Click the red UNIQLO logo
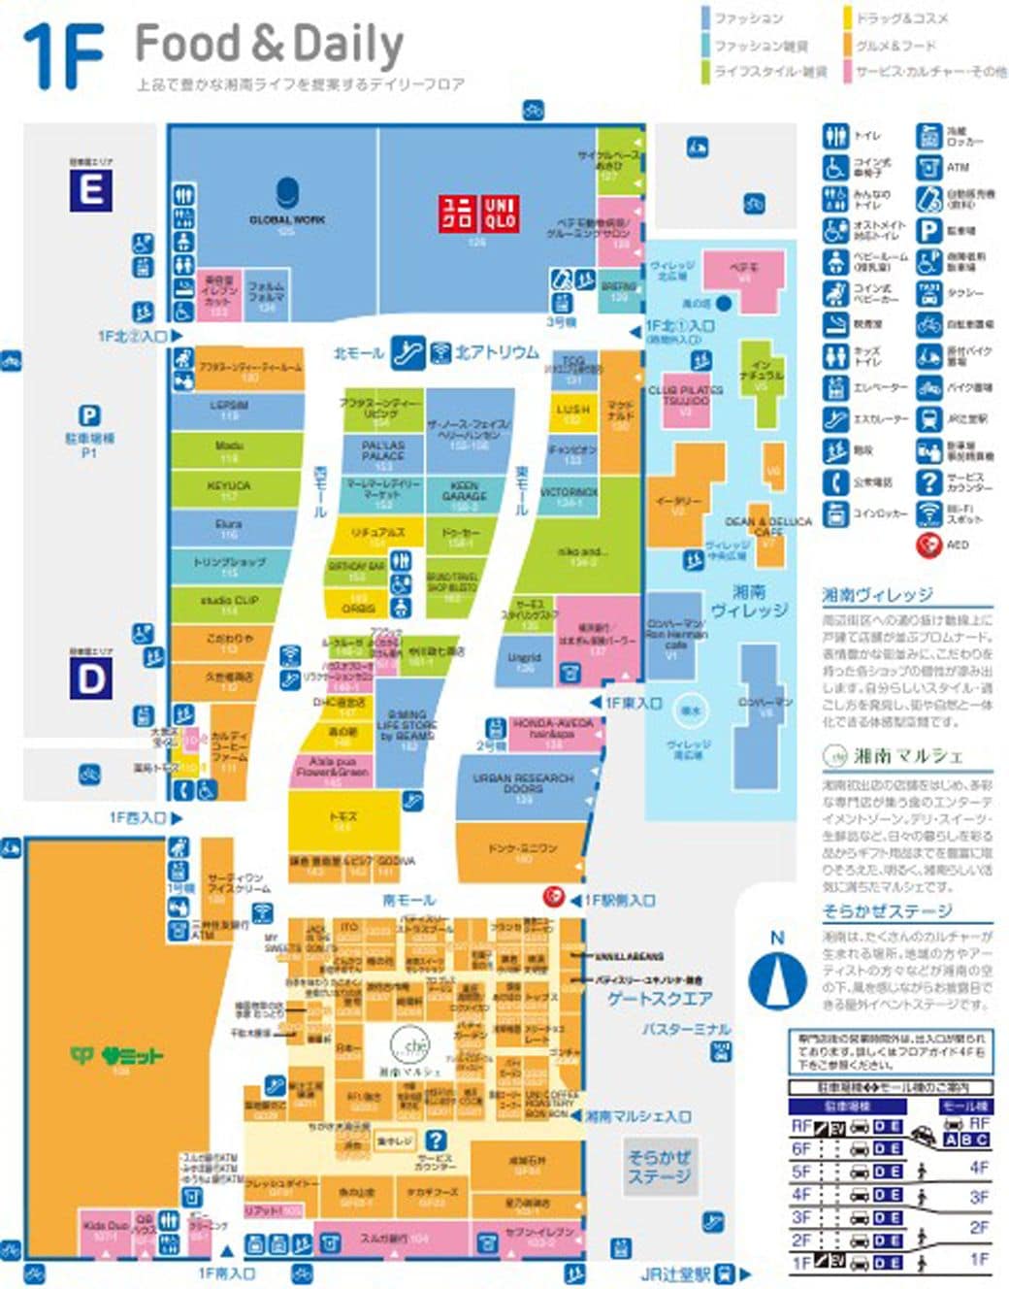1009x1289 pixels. [x=478, y=213]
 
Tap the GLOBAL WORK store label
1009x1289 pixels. [x=287, y=219]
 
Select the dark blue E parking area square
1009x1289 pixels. [x=90, y=189]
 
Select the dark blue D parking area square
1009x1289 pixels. [x=90, y=678]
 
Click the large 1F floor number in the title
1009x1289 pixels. [x=64, y=55]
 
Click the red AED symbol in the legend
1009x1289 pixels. [x=928, y=545]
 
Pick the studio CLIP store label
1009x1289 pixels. [x=229, y=601]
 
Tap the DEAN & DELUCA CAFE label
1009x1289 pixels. [x=768, y=525]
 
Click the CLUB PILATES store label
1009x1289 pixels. [x=686, y=394]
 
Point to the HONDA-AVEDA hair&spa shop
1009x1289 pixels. [x=552, y=729]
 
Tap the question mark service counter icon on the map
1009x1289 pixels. [x=437, y=1140]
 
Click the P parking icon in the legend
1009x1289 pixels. [x=928, y=230]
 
